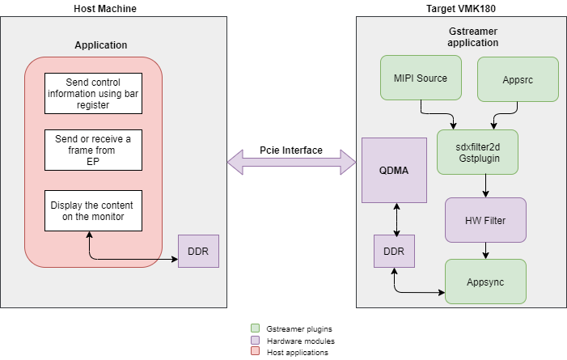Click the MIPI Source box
(421, 78)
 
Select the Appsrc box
(518, 78)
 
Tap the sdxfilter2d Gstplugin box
(477, 151)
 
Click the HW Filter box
(485, 219)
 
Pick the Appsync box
(485, 282)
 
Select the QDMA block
(394, 170)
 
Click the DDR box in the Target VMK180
(394, 251)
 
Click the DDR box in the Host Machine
(198, 251)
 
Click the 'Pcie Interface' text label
(291, 150)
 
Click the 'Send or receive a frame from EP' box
(93, 150)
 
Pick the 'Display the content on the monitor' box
(93, 210)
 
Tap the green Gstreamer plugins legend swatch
(255, 328)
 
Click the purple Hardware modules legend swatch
(255, 340)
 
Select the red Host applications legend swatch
(255, 351)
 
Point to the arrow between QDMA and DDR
(396, 218)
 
